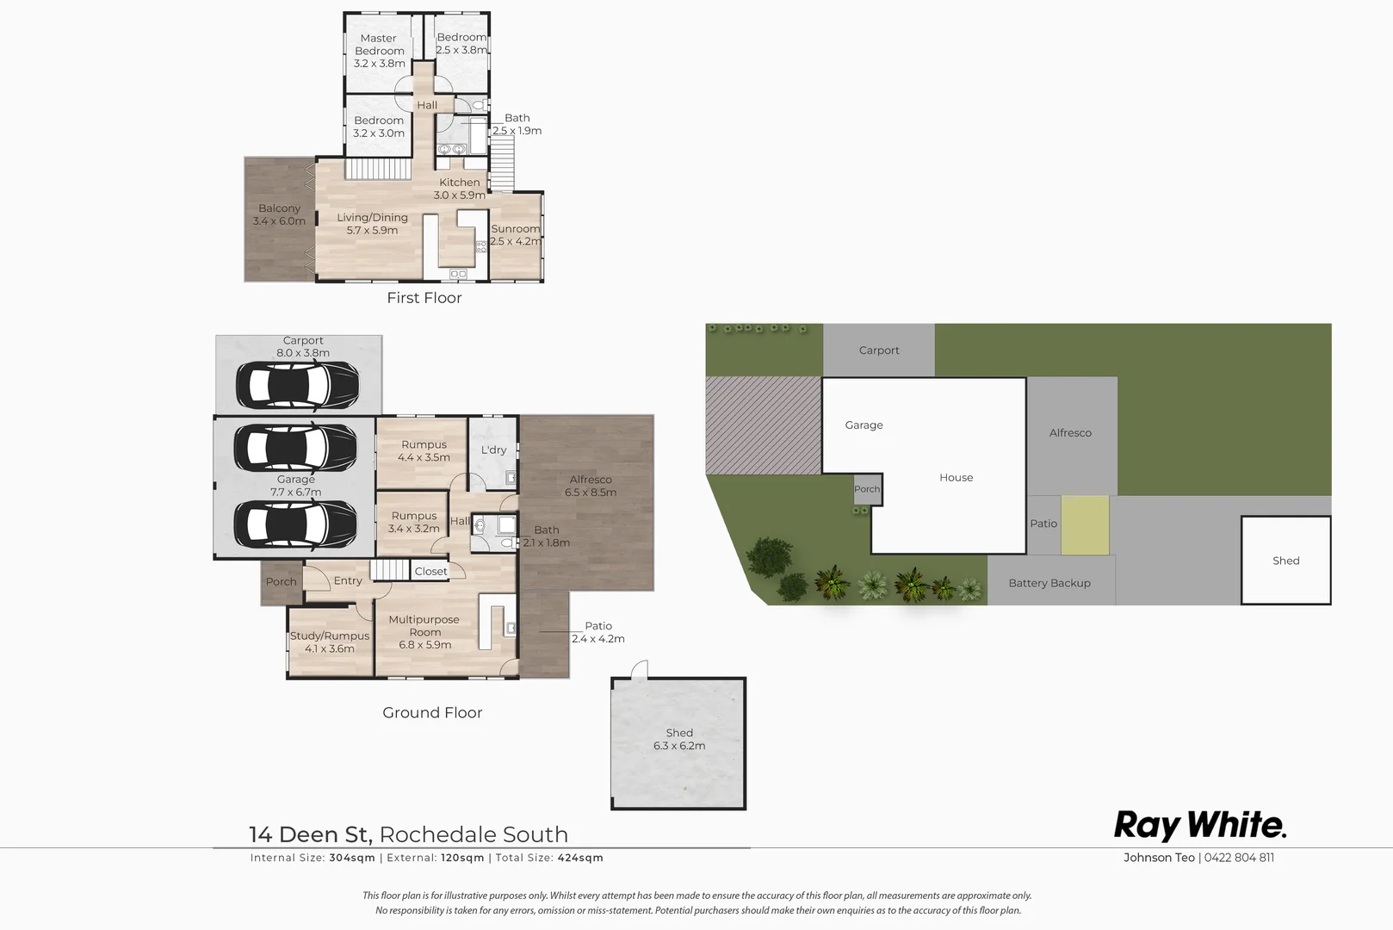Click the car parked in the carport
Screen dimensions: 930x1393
tap(297, 385)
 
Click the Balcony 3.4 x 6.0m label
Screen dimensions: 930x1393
tap(279, 214)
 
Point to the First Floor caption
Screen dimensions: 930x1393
tap(424, 298)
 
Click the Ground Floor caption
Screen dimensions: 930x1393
tap(432, 713)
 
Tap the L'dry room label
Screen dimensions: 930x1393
tap(493, 449)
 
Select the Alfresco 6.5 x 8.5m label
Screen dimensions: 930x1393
tap(590, 486)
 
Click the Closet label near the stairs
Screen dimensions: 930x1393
tap(430, 571)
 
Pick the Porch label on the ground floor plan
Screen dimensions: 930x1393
tap(281, 582)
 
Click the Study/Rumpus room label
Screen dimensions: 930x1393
tap(329, 642)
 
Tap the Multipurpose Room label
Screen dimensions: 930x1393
tap(424, 631)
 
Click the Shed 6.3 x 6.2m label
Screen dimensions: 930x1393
tap(678, 739)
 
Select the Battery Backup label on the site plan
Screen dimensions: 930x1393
tap(1049, 583)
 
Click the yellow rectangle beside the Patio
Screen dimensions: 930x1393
tap(1085, 524)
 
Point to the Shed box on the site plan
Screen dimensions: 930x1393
tap(1285, 561)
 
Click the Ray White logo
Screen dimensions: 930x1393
tap(1199, 825)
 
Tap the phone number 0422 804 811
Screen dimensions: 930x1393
tap(1239, 858)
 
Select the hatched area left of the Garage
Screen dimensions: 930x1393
tap(763, 425)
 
